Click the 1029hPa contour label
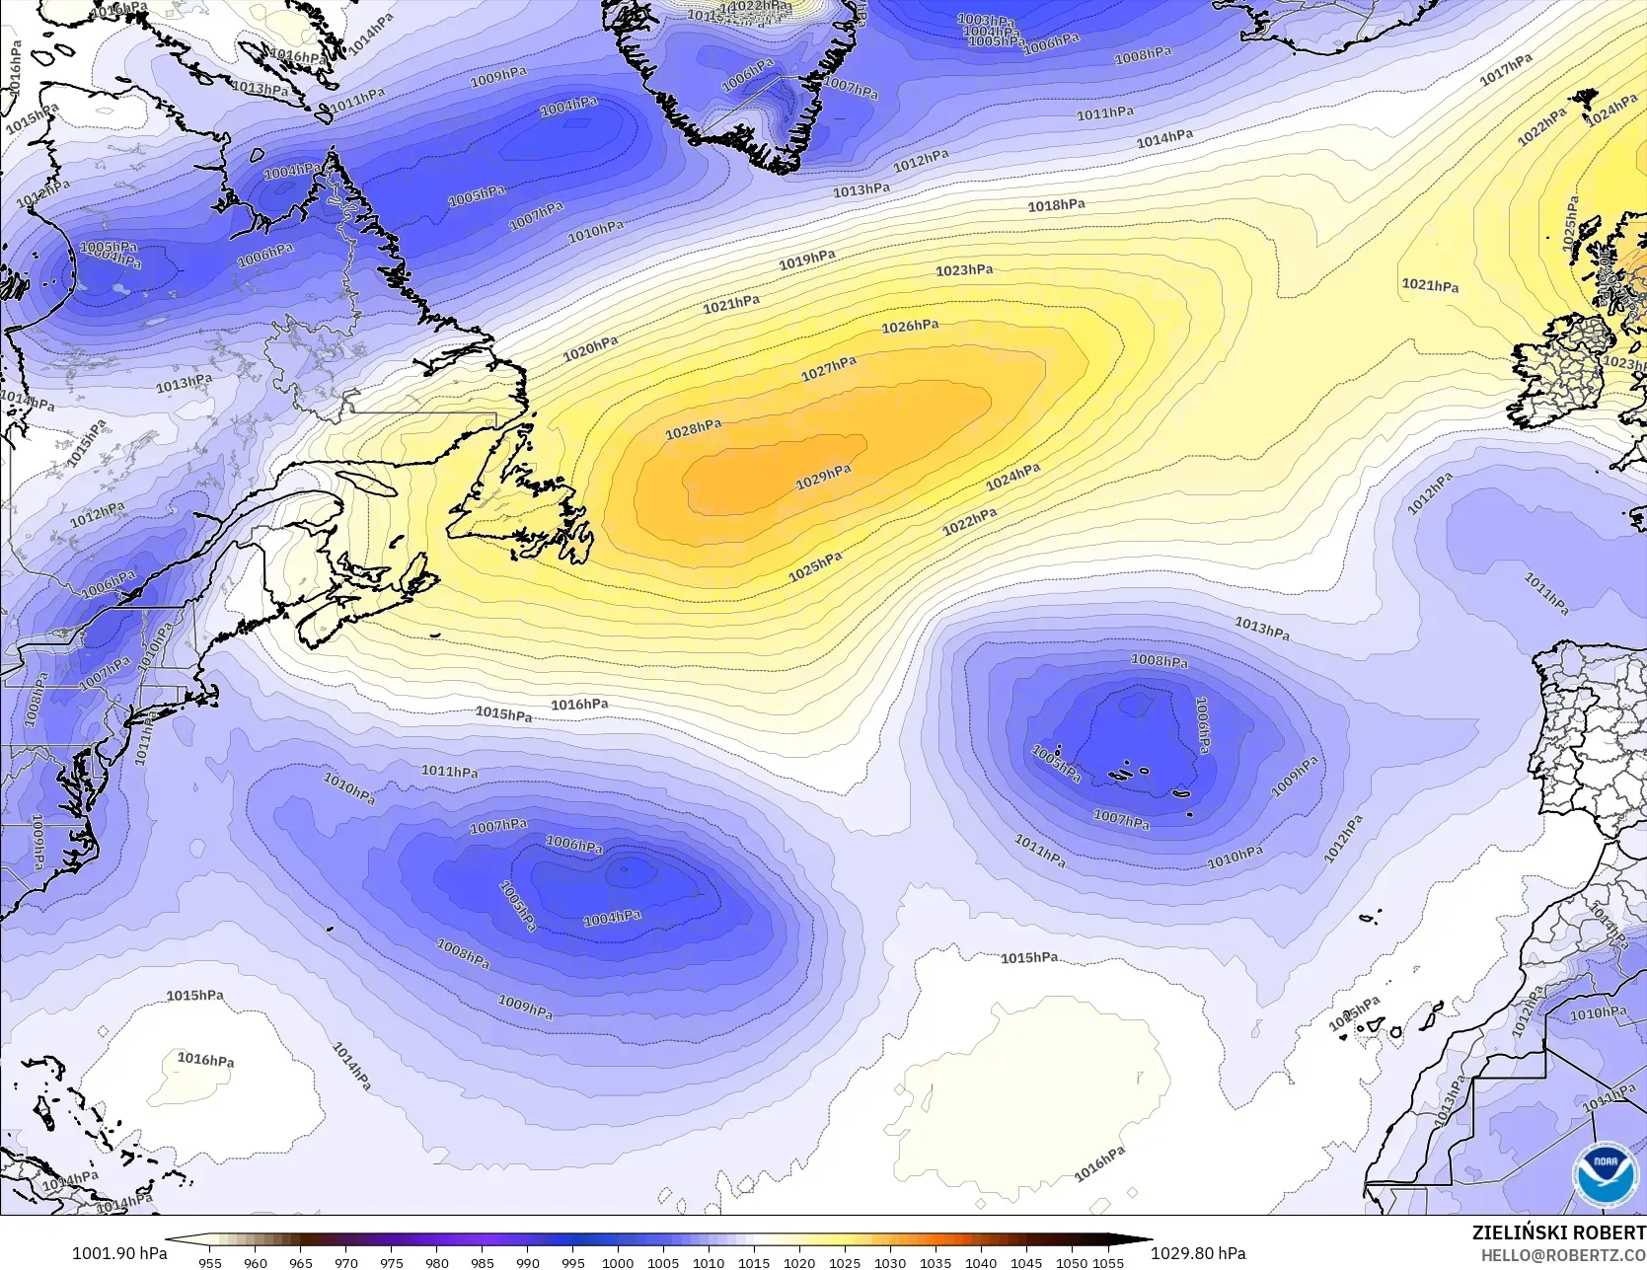coord(823,477)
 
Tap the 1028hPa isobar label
coord(693,429)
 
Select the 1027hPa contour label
coord(829,368)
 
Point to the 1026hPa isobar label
coord(910,326)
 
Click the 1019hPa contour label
coord(807,261)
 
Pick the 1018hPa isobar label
coord(1056,205)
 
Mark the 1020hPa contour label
coord(590,348)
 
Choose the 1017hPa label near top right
coord(1506,69)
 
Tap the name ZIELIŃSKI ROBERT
coord(1558,1233)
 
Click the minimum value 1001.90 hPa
coord(119,1253)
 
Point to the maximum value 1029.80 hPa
coord(1198,1253)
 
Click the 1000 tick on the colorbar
coord(618,1262)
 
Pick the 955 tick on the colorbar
coord(209,1262)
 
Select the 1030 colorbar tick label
coord(890,1262)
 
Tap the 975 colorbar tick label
coord(391,1262)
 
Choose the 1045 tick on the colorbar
coord(1026,1262)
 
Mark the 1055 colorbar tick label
coord(1108,1262)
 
